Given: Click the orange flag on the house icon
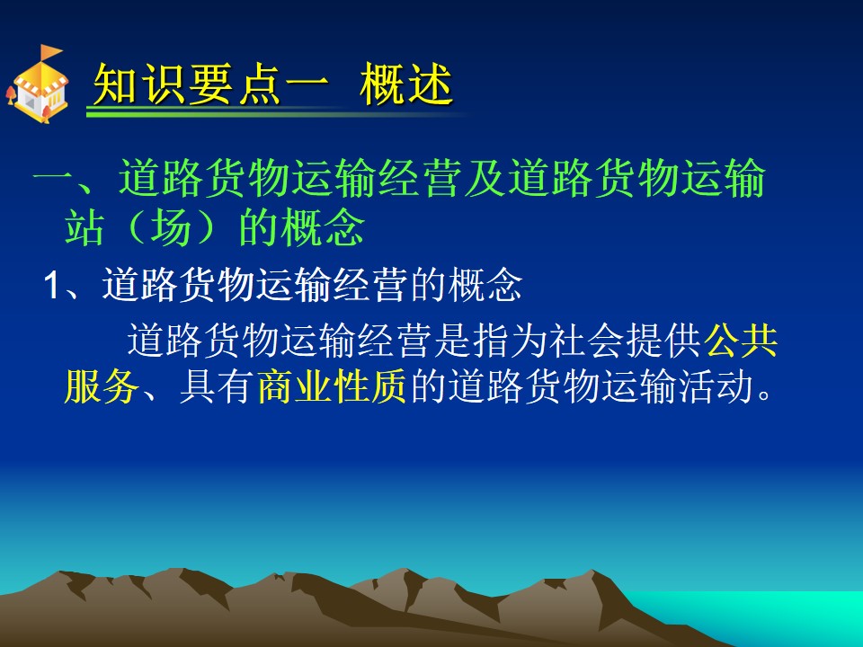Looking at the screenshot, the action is click(50, 52).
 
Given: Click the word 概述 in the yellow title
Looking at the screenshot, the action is click(406, 84).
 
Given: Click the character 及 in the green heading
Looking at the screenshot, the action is click(485, 178).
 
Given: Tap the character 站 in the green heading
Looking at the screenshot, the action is click(85, 226).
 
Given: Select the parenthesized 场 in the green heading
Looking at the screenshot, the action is click(171, 226).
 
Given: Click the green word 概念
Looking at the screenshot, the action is click(323, 226).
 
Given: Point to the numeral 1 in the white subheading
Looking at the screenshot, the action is click(51, 286).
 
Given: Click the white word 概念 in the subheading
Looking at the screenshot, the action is click(485, 285).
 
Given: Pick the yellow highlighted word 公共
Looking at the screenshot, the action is click(742, 341).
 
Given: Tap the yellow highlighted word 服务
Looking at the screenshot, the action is click(102, 386).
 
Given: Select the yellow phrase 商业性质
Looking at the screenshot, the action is click(332, 386).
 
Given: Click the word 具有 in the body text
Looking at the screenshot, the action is click(217, 386).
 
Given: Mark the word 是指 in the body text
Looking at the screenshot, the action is click(470, 341).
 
